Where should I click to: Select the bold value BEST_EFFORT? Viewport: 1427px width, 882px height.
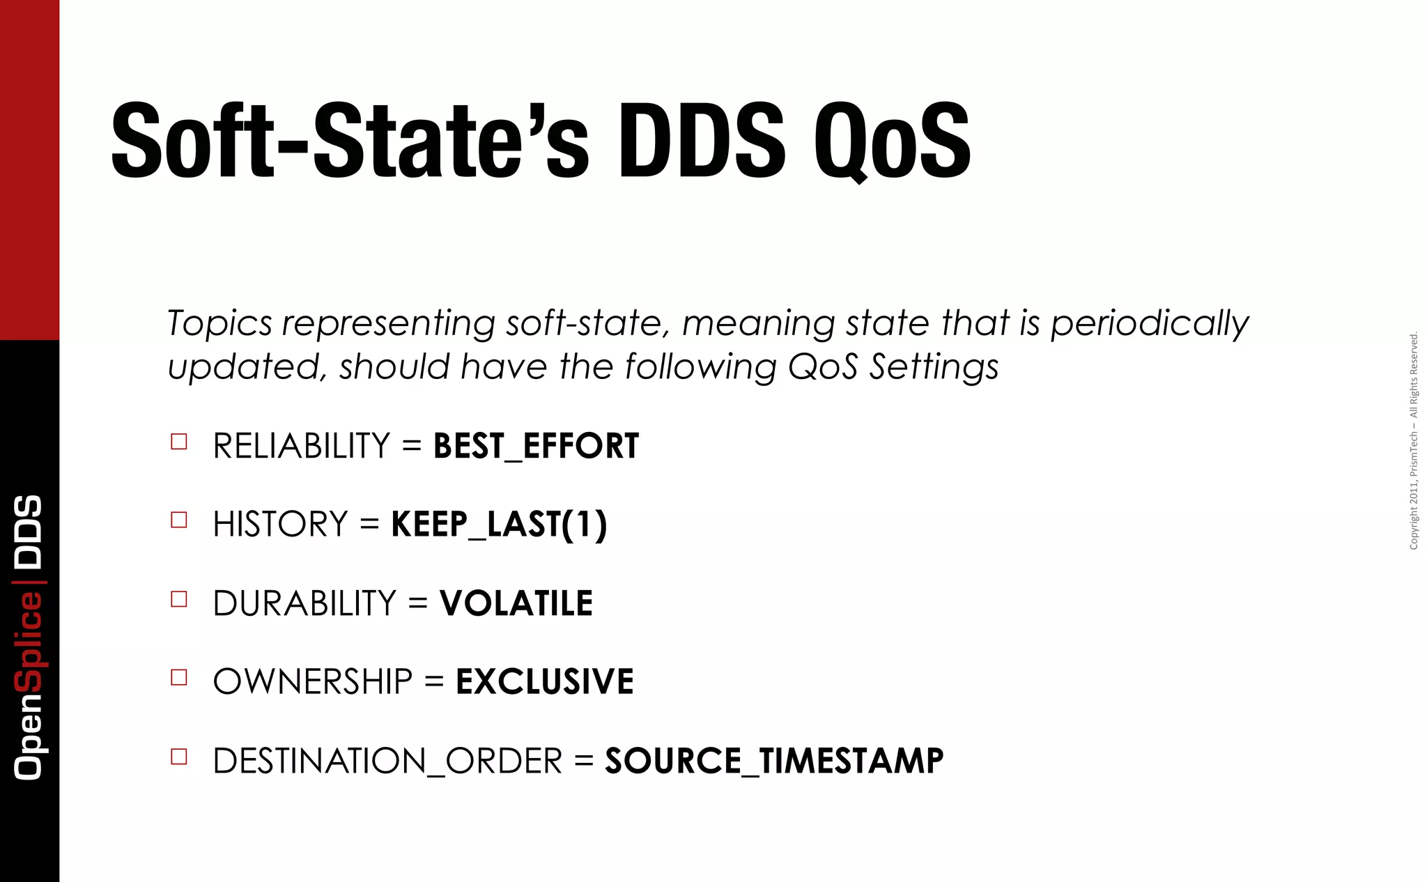536,446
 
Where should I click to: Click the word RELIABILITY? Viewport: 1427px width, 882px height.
301,446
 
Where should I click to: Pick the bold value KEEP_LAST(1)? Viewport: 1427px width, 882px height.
499,525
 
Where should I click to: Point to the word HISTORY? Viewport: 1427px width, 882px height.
280,525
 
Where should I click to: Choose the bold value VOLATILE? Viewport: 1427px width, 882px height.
516,603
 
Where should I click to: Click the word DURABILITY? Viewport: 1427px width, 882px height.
304,603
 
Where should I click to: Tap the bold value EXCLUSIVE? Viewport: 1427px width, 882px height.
544,681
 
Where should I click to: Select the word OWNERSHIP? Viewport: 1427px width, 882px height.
313,681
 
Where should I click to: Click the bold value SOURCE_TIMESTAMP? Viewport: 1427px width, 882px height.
774,760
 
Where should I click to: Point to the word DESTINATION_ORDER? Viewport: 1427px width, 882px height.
387,761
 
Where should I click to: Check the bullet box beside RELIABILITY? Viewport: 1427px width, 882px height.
179,442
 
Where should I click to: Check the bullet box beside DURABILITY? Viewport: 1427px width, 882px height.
179,599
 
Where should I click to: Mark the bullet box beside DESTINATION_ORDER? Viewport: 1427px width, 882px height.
179,757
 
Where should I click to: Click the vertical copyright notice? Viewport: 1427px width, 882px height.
1413,441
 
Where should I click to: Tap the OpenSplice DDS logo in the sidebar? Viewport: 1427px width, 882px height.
29,637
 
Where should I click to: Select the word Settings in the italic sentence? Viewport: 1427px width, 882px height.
934,367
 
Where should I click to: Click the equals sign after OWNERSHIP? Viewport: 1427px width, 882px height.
434,681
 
